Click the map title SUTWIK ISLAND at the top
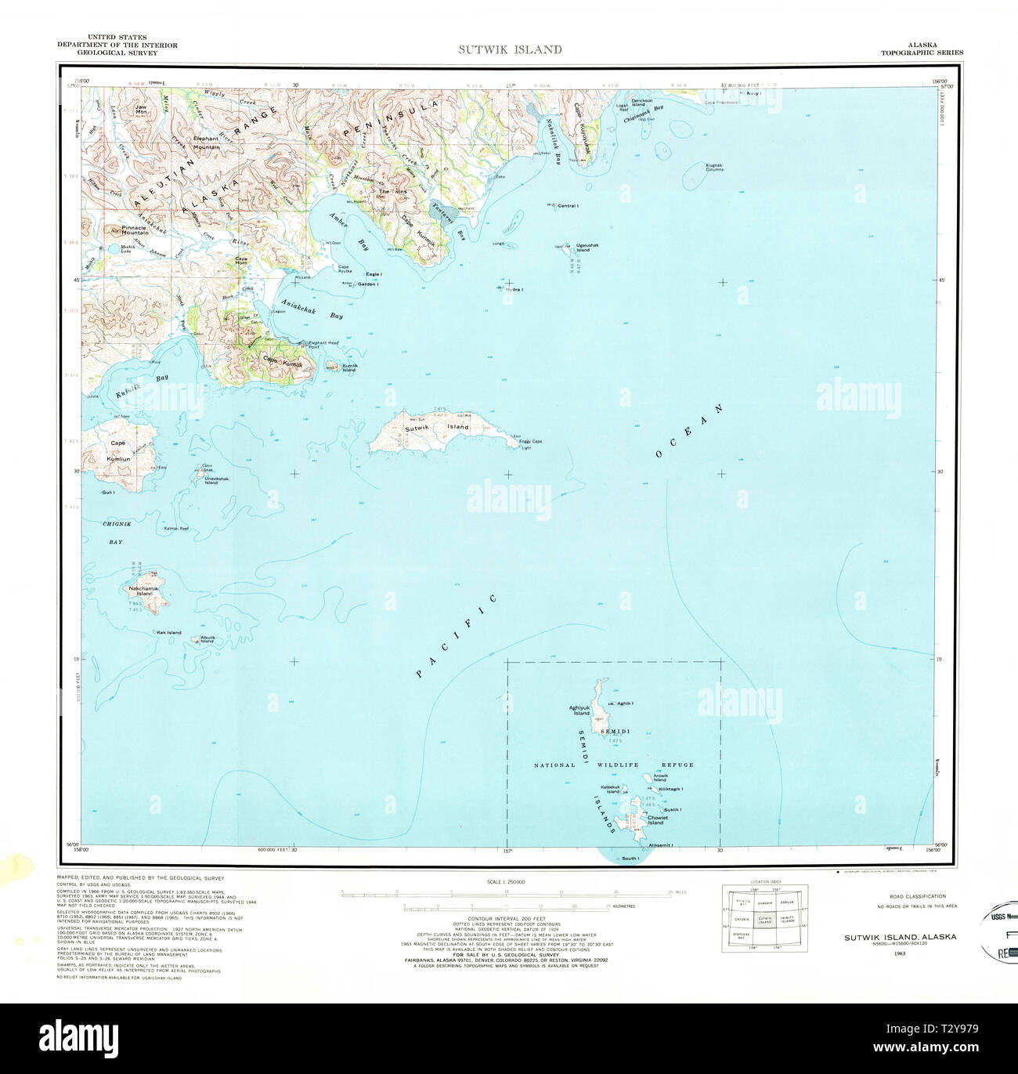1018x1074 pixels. point(510,49)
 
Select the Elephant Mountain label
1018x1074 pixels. point(206,143)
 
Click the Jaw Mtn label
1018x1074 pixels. point(141,110)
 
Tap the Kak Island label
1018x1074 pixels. point(168,632)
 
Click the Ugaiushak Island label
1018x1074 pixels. point(587,248)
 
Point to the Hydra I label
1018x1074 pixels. point(514,290)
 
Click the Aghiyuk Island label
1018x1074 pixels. point(579,711)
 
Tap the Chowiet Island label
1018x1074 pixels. point(657,820)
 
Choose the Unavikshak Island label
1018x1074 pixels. point(216,480)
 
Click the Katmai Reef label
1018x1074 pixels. point(176,529)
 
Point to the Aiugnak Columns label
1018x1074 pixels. point(713,168)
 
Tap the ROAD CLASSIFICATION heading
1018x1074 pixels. point(917,896)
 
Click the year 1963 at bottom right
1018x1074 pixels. point(899,953)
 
